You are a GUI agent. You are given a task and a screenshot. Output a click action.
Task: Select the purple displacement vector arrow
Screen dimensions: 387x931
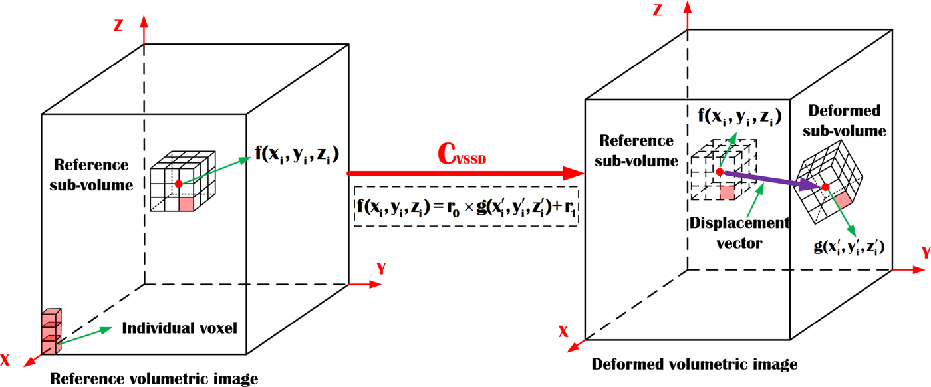771,180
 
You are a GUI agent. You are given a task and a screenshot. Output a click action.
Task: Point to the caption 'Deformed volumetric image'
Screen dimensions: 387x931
694,364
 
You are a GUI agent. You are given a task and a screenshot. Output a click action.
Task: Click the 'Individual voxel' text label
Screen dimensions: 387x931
180,328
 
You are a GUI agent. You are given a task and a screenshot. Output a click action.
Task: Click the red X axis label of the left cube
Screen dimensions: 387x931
6,360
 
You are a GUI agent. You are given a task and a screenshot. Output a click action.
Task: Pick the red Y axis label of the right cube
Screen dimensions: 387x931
924,253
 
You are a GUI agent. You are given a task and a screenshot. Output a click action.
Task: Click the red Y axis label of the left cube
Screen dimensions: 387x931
381,269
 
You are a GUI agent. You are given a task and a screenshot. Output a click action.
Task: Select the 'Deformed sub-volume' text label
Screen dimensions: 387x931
846,120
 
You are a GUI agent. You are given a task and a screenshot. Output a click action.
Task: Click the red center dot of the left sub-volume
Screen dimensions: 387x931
178,183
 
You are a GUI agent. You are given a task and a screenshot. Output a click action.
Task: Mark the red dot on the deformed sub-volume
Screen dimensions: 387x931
825,187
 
